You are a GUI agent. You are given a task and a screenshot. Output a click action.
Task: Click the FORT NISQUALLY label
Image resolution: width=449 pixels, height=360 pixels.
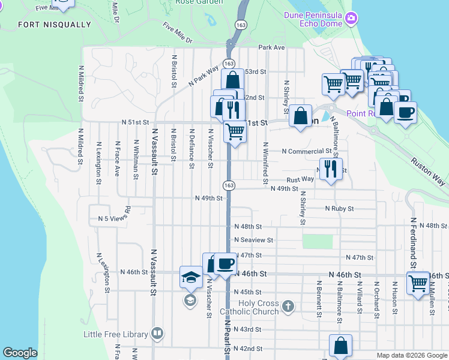(x=55, y=25)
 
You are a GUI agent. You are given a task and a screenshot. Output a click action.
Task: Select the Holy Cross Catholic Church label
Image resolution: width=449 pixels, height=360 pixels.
(x=258, y=307)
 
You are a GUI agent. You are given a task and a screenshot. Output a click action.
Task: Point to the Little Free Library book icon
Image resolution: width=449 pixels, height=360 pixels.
(x=157, y=334)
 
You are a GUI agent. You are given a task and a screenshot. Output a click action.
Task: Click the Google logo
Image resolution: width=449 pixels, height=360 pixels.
(x=20, y=353)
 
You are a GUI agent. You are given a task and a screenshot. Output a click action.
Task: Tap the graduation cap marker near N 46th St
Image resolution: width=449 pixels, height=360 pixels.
(x=191, y=277)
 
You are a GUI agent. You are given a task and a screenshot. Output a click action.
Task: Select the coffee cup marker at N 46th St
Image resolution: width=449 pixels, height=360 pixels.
(x=226, y=263)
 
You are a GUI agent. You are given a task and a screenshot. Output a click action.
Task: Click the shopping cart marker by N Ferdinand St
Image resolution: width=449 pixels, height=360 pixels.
(x=418, y=281)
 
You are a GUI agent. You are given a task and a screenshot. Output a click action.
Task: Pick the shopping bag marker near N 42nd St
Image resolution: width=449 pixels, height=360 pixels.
(x=340, y=345)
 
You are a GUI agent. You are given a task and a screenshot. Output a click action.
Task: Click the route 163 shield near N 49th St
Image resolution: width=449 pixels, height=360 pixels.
(x=229, y=185)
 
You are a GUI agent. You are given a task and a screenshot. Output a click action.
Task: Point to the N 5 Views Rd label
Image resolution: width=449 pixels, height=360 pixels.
(x=115, y=219)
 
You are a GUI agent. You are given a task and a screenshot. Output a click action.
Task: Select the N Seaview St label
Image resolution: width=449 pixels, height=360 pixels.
(x=253, y=239)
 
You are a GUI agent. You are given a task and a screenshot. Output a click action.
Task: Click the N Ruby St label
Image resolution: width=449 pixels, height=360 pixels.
(x=339, y=208)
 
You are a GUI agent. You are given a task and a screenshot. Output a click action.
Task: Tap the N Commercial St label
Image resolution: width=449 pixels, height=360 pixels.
(x=306, y=151)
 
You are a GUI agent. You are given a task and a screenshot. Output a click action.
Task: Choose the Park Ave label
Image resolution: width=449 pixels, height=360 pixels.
(x=271, y=47)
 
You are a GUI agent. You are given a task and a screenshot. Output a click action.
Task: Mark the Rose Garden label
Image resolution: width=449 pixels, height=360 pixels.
(x=199, y=2)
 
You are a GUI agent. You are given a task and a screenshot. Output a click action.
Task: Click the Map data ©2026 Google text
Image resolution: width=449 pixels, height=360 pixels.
(x=411, y=355)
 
